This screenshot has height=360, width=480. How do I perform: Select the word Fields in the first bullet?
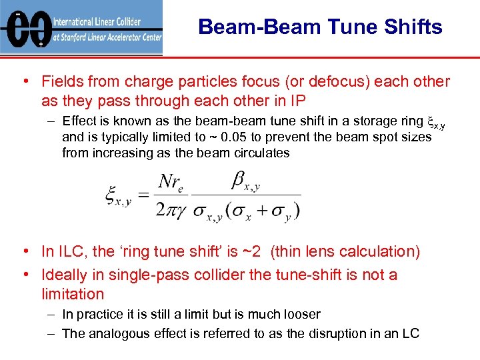(x=62, y=82)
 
